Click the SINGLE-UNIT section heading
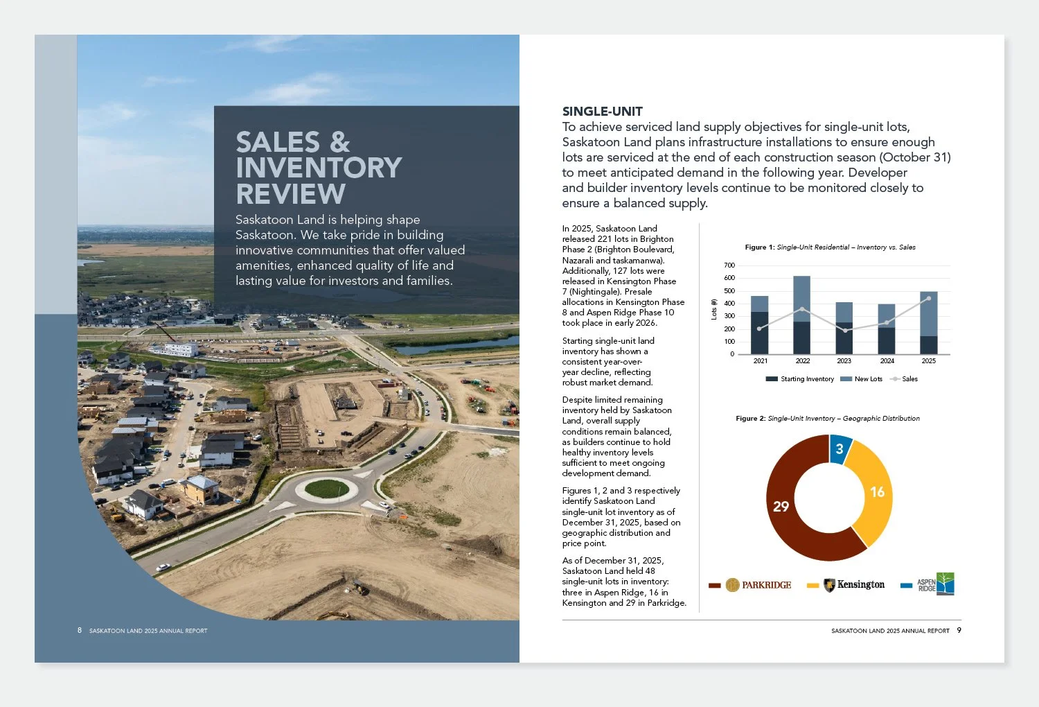pyautogui.click(x=602, y=112)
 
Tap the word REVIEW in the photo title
pyautogui.click(x=290, y=193)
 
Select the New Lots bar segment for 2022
pyautogui.click(x=802, y=299)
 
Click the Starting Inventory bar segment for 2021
pyautogui.click(x=759, y=333)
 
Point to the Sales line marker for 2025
pyautogui.click(x=928, y=299)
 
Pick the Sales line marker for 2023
pyautogui.click(x=844, y=331)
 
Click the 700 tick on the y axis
pyautogui.click(x=729, y=265)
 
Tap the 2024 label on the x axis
pyautogui.click(x=887, y=360)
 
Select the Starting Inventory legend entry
pyautogui.click(x=799, y=379)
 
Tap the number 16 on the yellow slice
pyautogui.click(x=877, y=491)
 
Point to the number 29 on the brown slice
pyautogui.click(x=781, y=506)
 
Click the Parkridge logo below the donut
pyautogui.click(x=758, y=585)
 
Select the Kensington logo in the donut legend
pyautogui.click(x=854, y=584)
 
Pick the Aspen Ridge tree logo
pyautogui.click(x=936, y=584)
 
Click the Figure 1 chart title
pyautogui.click(x=830, y=247)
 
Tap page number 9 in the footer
pyautogui.click(x=959, y=630)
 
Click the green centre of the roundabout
pyautogui.click(x=327, y=489)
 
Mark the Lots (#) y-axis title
pyautogui.click(x=714, y=309)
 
